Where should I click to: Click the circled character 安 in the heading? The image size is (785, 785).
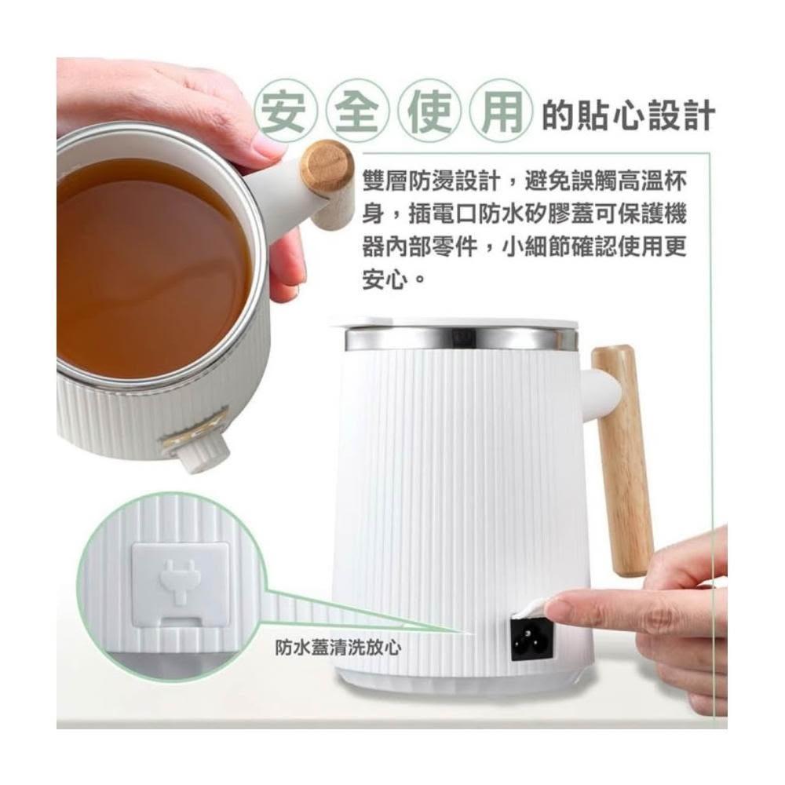pos(287,111)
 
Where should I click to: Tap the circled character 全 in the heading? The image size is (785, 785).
pos(358,111)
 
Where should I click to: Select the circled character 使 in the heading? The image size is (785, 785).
pos(429,111)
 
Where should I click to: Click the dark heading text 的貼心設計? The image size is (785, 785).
pos(630,115)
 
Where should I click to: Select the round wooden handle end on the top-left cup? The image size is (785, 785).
pos(328,165)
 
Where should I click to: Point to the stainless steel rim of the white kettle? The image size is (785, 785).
pos(461,339)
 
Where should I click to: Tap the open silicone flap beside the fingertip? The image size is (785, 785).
pos(531,610)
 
